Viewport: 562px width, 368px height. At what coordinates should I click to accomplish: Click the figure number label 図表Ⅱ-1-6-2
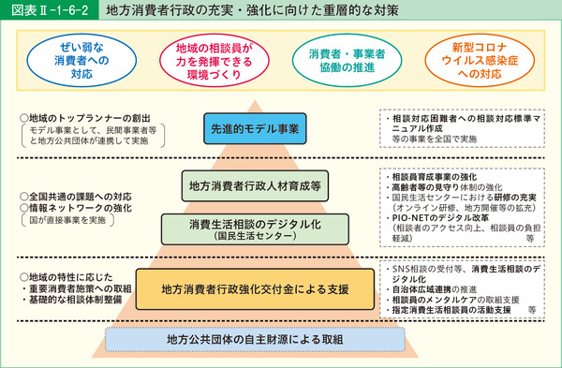[x=47, y=13]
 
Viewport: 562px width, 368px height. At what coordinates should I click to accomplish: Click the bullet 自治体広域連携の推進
[x=439, y=287]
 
